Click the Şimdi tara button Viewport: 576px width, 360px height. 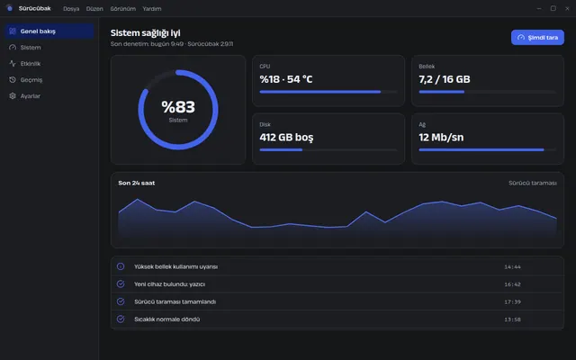[x=537, y=38]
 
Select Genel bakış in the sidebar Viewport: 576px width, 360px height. [x=49, y=31]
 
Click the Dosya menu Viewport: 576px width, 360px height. [x=71, y=8]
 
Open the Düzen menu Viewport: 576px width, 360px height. [x=94, y=8]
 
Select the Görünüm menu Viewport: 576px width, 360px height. [x=123, y=8]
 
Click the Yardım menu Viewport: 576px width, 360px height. [x=152, y=8]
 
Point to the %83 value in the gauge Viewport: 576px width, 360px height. [x=178, y=107]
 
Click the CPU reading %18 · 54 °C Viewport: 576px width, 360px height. [x=286, y=79]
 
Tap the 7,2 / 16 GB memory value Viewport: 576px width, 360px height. [x=445, y=79]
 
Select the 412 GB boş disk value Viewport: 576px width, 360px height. [x=286, y=138]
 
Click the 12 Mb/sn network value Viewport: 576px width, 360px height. [x=441, y=138]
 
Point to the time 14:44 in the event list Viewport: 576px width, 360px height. [x=512, y=266]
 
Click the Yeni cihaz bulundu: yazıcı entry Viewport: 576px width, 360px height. [x=170, y=284]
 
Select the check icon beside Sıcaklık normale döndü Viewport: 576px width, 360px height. [x=121, y=319]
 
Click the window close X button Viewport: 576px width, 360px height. [x=567, y=8]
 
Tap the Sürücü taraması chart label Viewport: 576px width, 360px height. [x=533, y=183]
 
